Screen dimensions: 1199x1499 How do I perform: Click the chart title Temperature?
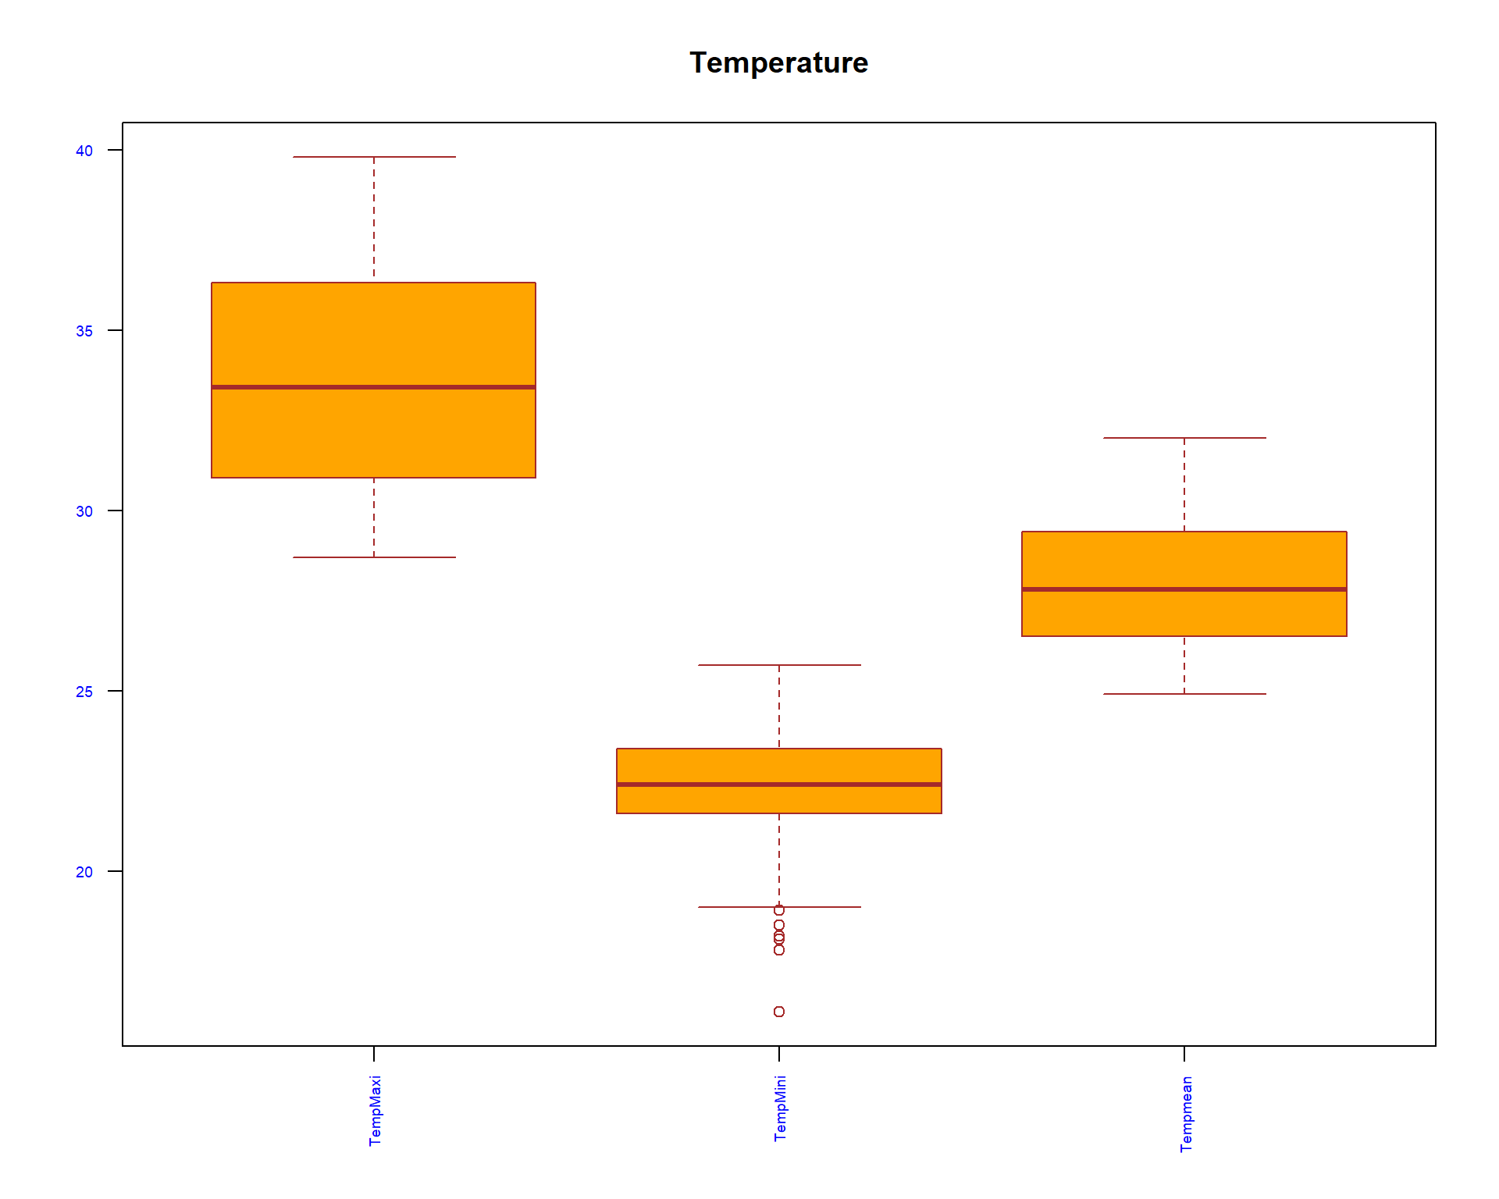(778, 62)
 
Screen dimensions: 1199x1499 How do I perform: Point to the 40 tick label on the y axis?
(84, 151)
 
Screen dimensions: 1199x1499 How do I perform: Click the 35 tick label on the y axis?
(84, 331)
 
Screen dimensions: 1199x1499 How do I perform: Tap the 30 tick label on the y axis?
(84, 511)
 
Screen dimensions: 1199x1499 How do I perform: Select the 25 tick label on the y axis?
(84, 692)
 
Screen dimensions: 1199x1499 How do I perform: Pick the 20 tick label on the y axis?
(84, 872)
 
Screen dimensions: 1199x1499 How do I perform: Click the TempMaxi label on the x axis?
(375, 1110)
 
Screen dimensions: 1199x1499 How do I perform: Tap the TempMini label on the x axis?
(780, 1108)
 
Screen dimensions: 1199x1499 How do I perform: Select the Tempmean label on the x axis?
(1186, 1114)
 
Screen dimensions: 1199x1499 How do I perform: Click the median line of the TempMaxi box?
(373, 386)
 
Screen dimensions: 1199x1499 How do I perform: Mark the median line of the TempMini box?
(778, 784)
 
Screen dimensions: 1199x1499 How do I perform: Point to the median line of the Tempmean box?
(1184, 589)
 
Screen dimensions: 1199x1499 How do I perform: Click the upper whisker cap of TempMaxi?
(374, 157)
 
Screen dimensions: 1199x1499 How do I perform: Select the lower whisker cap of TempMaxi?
(374, 557)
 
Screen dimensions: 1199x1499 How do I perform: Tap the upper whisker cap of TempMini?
(779, 665)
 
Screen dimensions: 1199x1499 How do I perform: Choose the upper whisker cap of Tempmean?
(1184, 438)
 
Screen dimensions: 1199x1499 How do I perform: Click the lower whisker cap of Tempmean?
(1184, 694)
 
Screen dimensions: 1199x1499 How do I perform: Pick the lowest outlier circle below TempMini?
(779, 1012)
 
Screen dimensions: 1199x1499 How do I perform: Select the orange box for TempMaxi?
(373, 336)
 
